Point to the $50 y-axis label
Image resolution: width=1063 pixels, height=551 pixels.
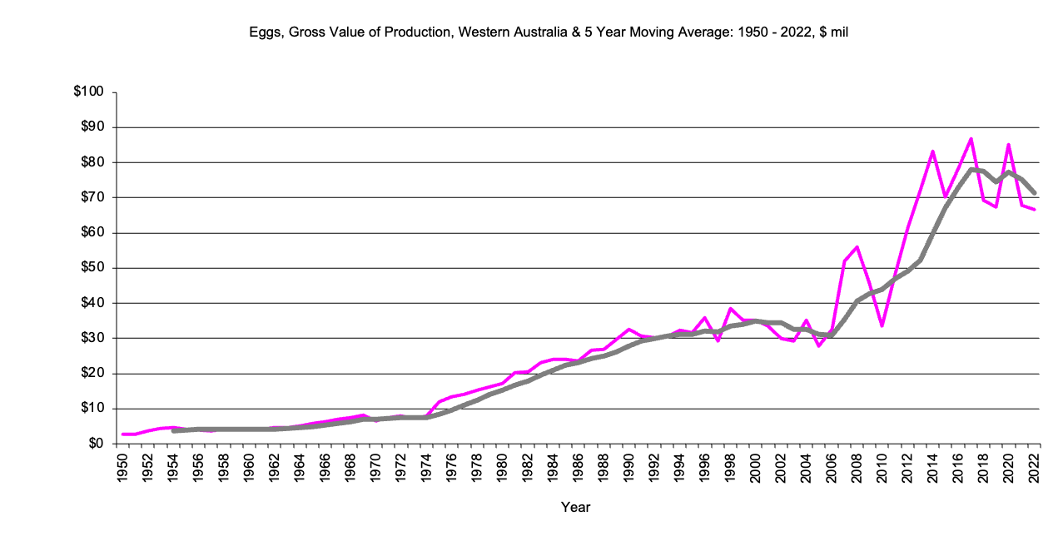[92, 268]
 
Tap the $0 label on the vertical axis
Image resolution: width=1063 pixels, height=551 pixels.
[96, 444]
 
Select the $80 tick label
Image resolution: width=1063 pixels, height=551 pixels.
[92, 162]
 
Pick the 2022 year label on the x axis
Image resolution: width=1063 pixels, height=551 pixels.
[1035, 468]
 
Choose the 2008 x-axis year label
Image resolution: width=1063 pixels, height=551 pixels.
[857, 468]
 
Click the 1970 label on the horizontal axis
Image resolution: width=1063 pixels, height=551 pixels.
[376, 468]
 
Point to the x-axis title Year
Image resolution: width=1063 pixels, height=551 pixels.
[575, 506]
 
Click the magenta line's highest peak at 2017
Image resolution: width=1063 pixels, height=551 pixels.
[971, 139]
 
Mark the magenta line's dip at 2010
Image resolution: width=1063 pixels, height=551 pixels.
[882, 325]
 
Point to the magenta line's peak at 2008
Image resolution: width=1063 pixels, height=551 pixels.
[857, 247]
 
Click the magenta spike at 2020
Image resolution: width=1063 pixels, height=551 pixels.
[1009, 145]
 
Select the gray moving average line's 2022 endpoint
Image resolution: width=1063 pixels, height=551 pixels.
[1034, 193]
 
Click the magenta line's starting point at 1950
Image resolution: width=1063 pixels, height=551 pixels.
[123, 434]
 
